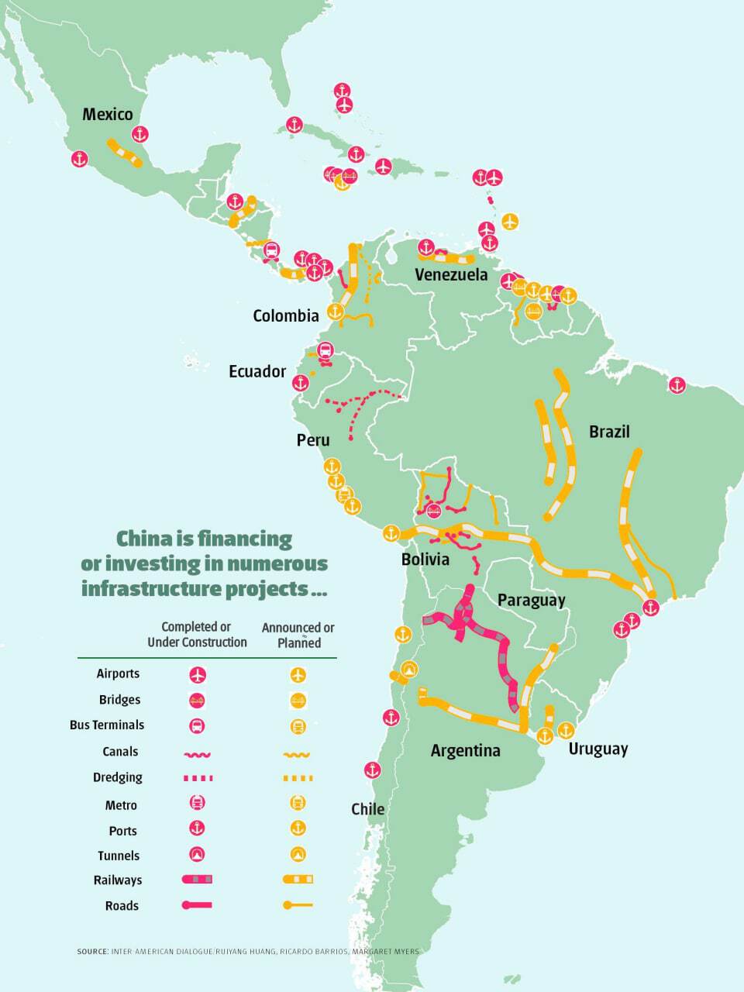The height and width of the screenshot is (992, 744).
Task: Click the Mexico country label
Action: click(108, 115)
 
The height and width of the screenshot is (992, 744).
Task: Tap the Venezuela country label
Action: click(451, 274)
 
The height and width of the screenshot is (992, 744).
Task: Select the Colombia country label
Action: click(286, 315)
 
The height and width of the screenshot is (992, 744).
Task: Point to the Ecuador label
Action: click(257, 372)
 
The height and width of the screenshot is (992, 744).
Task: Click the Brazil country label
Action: click(609, 432)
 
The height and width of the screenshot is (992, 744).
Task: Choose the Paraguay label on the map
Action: click(532, 600)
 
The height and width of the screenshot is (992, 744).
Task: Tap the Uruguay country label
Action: click(598, 749)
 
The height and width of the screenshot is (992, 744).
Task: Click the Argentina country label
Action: click(465, 750)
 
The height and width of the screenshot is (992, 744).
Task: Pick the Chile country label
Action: click(367, 809)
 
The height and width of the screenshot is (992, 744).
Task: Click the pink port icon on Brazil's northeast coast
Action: click(677, 385)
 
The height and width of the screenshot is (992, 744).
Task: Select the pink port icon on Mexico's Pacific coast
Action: click(80, 160)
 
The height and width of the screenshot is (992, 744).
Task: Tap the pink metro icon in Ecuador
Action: click(325, 351)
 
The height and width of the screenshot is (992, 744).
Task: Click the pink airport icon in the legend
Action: click(198, 675)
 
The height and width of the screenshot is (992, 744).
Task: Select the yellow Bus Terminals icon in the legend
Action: click(298, 726)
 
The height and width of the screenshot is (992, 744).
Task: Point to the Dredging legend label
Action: click(119, 777)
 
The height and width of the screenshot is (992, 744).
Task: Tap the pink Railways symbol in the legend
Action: click(197, 880)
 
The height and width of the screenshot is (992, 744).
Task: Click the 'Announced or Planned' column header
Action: click(298, 635)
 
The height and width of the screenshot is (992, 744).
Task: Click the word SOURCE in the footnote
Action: click(92, 951)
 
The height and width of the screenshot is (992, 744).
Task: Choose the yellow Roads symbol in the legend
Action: click(298, 904)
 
